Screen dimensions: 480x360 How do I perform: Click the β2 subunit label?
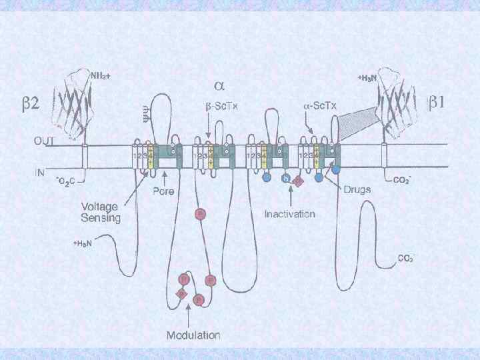pos(30,103)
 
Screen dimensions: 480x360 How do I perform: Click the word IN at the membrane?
pos(40,172)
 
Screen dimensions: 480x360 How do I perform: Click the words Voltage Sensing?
pos(102,211)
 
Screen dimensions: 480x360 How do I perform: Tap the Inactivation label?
pos(289,214)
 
